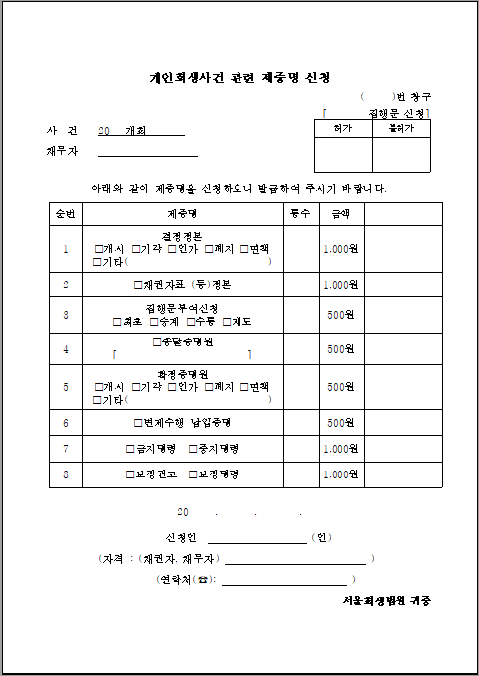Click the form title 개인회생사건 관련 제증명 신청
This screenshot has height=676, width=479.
239,77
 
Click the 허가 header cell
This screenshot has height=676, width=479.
343,128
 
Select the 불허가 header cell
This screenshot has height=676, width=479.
401,128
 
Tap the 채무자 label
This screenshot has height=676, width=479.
62,152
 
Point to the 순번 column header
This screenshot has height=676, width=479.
66,213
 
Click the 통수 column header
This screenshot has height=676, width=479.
299,213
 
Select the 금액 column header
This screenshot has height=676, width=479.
339,213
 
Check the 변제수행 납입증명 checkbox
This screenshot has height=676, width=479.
137,422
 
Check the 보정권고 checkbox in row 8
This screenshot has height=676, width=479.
130,474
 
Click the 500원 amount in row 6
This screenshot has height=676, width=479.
340,422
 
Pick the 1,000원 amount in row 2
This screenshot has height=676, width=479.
340,285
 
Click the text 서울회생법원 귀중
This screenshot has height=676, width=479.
387,601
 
